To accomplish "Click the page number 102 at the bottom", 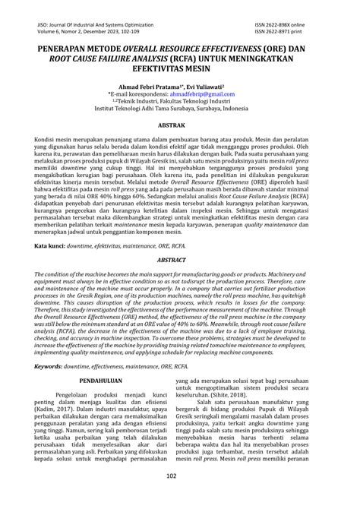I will click(x=180, y=498).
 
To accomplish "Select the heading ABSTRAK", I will click(x=180, y=123).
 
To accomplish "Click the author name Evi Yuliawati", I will click(x=219, y=77).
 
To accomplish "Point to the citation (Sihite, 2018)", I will click(x=235, y=418).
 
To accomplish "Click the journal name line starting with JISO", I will click(x=101, y=24).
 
